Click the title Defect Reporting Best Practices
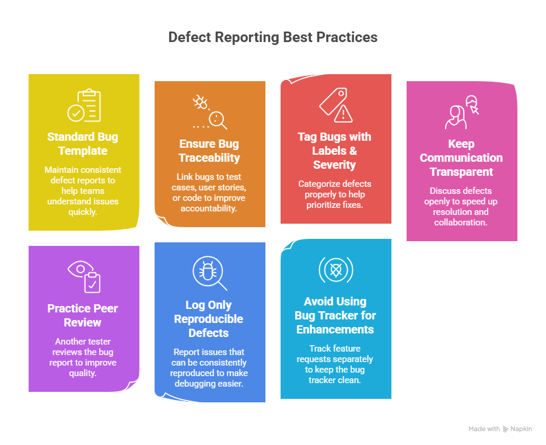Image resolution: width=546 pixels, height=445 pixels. (x=272, y=37)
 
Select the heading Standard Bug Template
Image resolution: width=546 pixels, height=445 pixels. (x=82, y=144)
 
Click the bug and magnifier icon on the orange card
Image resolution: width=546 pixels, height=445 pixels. (x=209, y=112)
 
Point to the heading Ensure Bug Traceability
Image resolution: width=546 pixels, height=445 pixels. (x=209, y=151)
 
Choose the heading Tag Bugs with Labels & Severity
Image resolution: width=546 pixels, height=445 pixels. (x=335, y=151)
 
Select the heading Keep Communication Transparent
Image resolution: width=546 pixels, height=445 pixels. (x=461, y=158)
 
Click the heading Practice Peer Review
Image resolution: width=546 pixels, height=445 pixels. (x=82, y=315)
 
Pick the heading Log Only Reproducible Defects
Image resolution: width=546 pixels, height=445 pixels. (x=209, y=319)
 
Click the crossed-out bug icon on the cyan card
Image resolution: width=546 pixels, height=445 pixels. (x=335, y=270)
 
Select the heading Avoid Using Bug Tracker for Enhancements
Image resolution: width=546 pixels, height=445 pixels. (x=335, y=315)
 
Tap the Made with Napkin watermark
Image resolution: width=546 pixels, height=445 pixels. (x=500, y=429)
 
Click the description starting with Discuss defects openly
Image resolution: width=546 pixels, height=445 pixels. (x=461, y=206)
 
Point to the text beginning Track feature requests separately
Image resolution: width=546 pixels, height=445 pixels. (x=335, y=364)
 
